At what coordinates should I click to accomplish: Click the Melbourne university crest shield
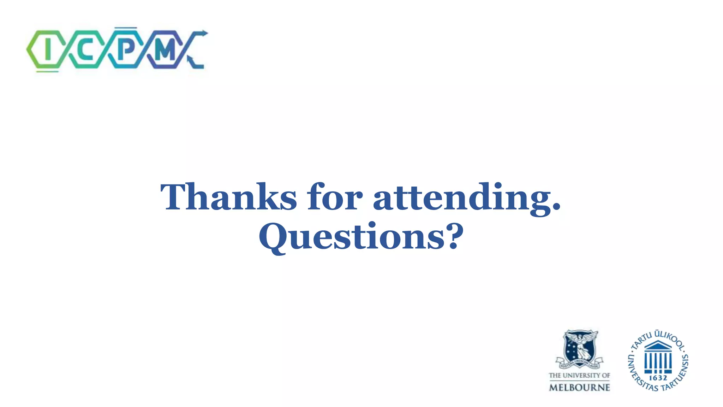pos(579,348)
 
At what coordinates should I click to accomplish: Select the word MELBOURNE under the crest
pos(579,388)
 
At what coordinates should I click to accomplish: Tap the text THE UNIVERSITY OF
pos(579,375)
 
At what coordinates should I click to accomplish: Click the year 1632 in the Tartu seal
pos(658,378)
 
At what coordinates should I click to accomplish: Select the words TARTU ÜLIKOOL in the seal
pos(659,338)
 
